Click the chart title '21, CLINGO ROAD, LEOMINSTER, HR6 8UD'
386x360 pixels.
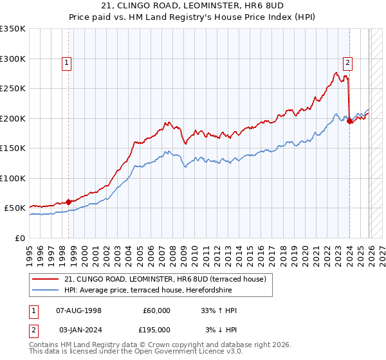pyautogui.click(x=193, y=6)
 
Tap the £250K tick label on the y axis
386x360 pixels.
pyautogui.click(x=13, y=89)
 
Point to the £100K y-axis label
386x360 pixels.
pyautogui.click(x=13, y=178)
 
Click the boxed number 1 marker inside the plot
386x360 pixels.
pyautogui.click(x=68, y=63)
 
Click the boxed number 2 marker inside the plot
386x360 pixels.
pyautogui.click(x=348, y=63)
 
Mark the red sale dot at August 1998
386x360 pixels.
pyautogui.click(x=69, y=202)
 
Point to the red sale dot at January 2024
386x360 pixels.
pyautogui.click(x=349, y=121)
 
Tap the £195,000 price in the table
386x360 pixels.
pyautogui.click(x=156, y=330)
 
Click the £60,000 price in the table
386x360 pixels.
pyautogui.click(x=156, y=310)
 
